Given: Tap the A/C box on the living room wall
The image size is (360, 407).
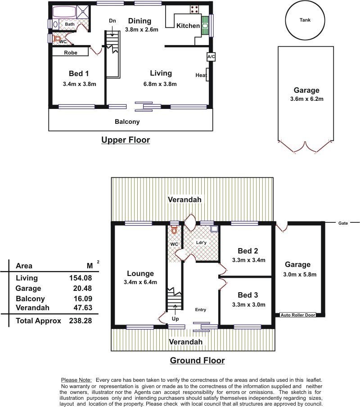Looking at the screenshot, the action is (211, 57).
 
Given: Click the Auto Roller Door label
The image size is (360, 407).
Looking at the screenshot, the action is (298, 315).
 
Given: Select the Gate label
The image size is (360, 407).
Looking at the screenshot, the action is (343, 223).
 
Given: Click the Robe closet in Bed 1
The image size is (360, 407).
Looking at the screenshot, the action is (70, 52).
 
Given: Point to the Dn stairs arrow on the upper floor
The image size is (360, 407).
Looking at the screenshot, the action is (112, 33).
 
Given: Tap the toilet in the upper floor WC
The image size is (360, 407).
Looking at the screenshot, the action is (57, 39).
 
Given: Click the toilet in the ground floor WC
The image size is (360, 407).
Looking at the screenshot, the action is (174, 230).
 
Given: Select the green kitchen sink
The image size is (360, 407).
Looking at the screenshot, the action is (205, 26).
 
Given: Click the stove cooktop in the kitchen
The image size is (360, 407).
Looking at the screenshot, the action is (195, 9).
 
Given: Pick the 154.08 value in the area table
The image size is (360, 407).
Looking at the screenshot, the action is (81, 278).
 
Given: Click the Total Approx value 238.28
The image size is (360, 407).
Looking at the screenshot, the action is (81, 321).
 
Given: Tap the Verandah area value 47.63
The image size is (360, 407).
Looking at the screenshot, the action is (83, 308).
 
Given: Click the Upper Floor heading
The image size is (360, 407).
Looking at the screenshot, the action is (126, 140).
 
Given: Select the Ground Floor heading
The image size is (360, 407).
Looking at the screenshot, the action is (198, 360).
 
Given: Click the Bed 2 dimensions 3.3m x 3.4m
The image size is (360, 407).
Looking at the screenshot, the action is (248, 260).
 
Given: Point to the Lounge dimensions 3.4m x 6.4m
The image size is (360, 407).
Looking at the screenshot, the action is (140, 282).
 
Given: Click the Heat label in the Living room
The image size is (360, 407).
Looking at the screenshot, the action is (201, 75).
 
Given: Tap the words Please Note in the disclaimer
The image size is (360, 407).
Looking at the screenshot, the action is (76, 380).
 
